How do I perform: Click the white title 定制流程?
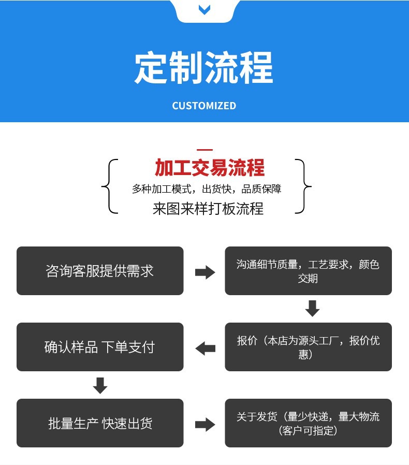point(204,68)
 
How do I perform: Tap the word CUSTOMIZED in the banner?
point(204,106)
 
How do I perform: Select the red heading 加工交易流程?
point(209,168)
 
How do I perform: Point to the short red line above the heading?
point(204,150)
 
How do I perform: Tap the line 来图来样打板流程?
point(208,208)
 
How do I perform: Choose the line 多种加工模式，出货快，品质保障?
point(207,189)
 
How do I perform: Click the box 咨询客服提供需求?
point(100,271)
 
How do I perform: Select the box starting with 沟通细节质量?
point(308,271)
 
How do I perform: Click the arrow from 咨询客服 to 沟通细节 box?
point(204,272)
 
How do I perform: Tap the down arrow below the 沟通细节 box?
point(312,309)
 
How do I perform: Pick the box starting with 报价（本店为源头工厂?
point(308,347)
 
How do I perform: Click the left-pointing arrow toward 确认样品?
point(205,348)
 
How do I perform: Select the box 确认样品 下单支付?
point(100,347)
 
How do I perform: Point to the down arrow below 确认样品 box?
point(100,385)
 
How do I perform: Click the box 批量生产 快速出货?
point(100,423)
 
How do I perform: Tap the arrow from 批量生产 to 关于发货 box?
point(204,424)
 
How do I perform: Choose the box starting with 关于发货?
point(308,423)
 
